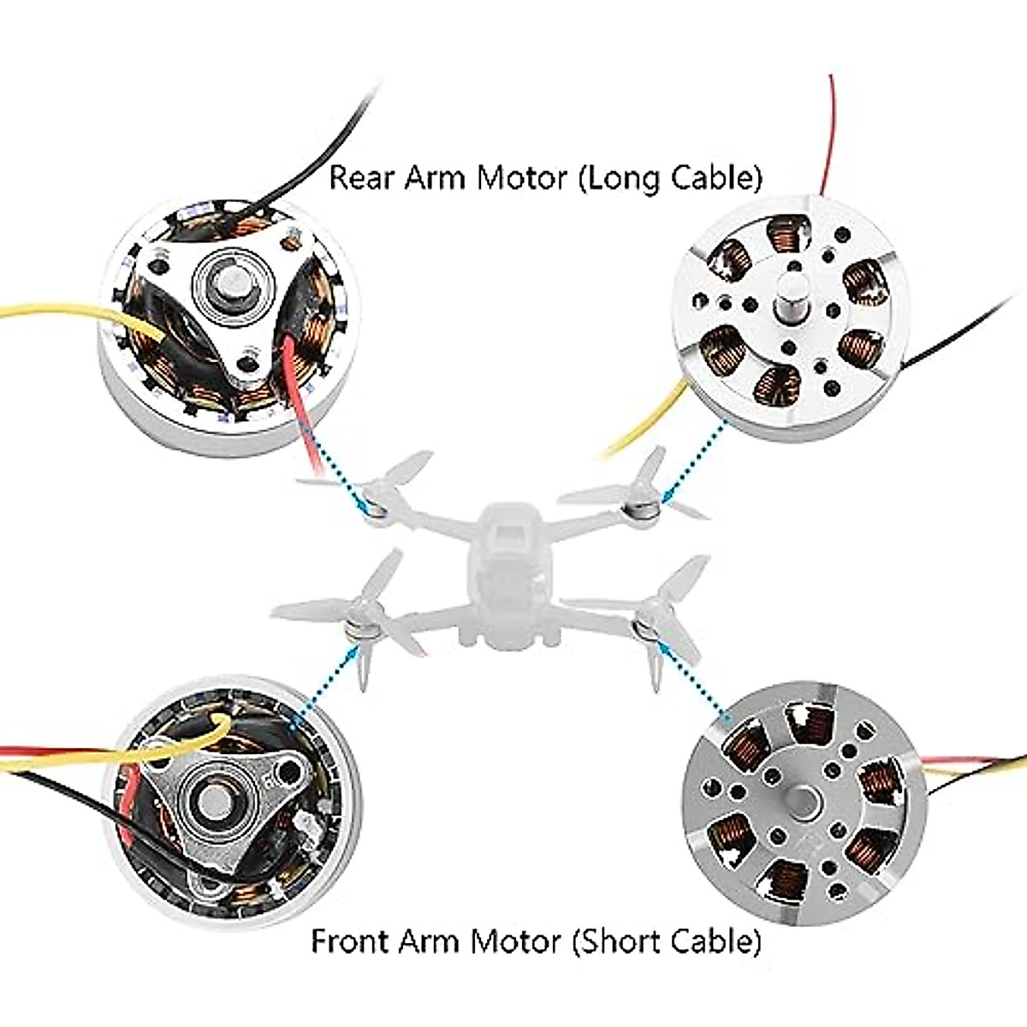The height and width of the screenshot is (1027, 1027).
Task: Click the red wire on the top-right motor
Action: pyautogui.click(x=828, y=145)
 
